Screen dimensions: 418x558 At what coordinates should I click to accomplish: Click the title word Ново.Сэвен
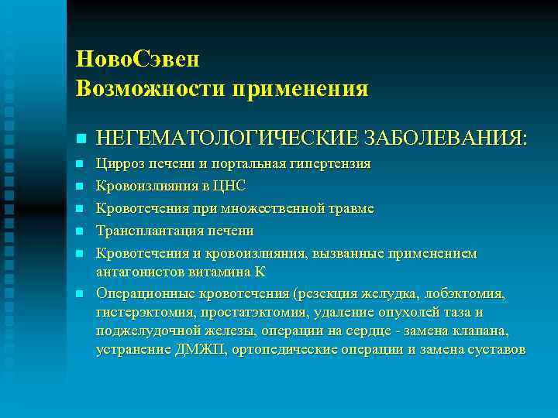click(139, 59)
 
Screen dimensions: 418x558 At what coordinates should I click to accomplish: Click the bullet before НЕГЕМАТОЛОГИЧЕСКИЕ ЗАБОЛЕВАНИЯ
click(81, 139)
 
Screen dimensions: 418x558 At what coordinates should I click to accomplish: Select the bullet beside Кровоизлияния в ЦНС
click(81, 187)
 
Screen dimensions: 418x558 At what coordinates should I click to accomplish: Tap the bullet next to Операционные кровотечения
click(81, 294)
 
